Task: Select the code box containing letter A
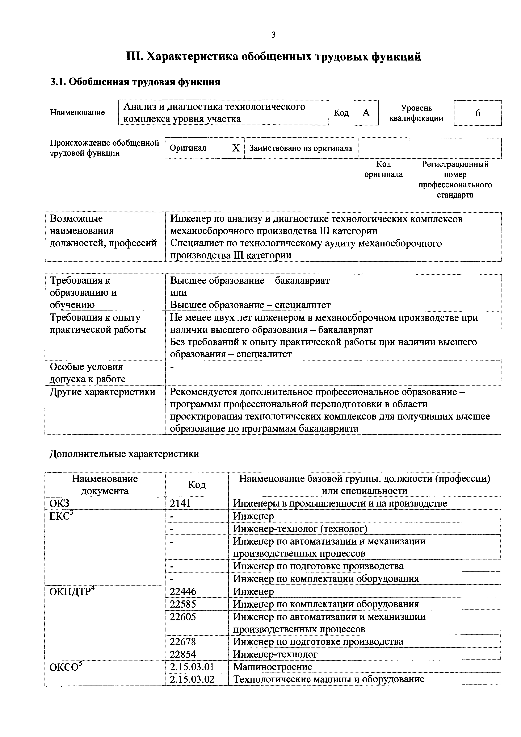366,113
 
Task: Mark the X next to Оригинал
236,148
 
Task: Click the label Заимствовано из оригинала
301,148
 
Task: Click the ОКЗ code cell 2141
180,503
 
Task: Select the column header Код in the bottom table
197,484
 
